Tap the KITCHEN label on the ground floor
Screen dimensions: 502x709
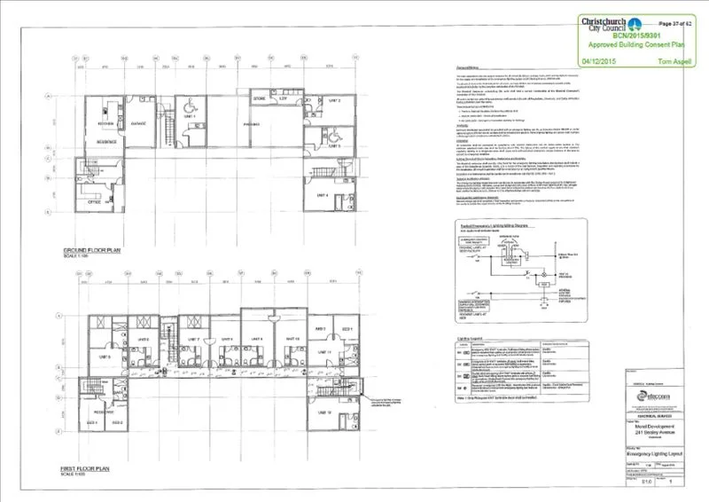(100, 122)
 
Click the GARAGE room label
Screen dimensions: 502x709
(138, 123)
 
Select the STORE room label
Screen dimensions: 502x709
(261, 98)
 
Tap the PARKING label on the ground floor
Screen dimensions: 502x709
(251, 125)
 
